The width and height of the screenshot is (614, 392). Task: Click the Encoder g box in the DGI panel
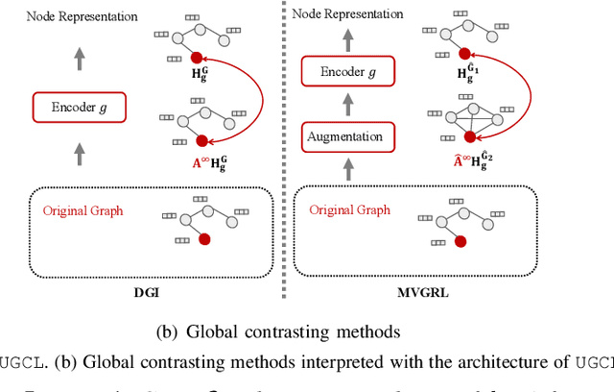point(79,108)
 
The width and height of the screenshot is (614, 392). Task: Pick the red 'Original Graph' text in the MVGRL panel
point(349,208)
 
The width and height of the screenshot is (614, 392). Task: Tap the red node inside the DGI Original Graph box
point(202,239)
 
